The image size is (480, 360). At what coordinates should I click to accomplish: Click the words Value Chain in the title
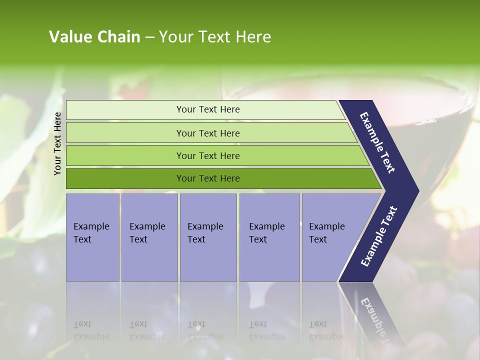pos(94,37)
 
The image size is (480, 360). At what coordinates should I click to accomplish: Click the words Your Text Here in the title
pos(215,37)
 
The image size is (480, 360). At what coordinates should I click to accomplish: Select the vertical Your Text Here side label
pos(57,143)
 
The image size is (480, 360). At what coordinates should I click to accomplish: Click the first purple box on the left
pos(92,237)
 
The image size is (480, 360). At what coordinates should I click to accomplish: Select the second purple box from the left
pos(149,237)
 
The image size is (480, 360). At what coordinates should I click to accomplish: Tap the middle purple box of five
pos(208,237)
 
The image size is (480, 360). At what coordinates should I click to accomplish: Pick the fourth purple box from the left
pos(269,237)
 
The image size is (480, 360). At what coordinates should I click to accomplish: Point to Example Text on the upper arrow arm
pos(377,142)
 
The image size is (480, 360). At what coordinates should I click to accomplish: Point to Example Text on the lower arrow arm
pos(378,236)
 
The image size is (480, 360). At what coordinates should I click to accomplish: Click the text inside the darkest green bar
pos(208,178)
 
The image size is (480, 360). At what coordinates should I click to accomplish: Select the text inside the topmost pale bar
pos(208,109)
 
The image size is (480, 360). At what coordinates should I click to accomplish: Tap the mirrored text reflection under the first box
pos(91,330)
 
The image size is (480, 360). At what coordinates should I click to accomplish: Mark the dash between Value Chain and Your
pos(149,37)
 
